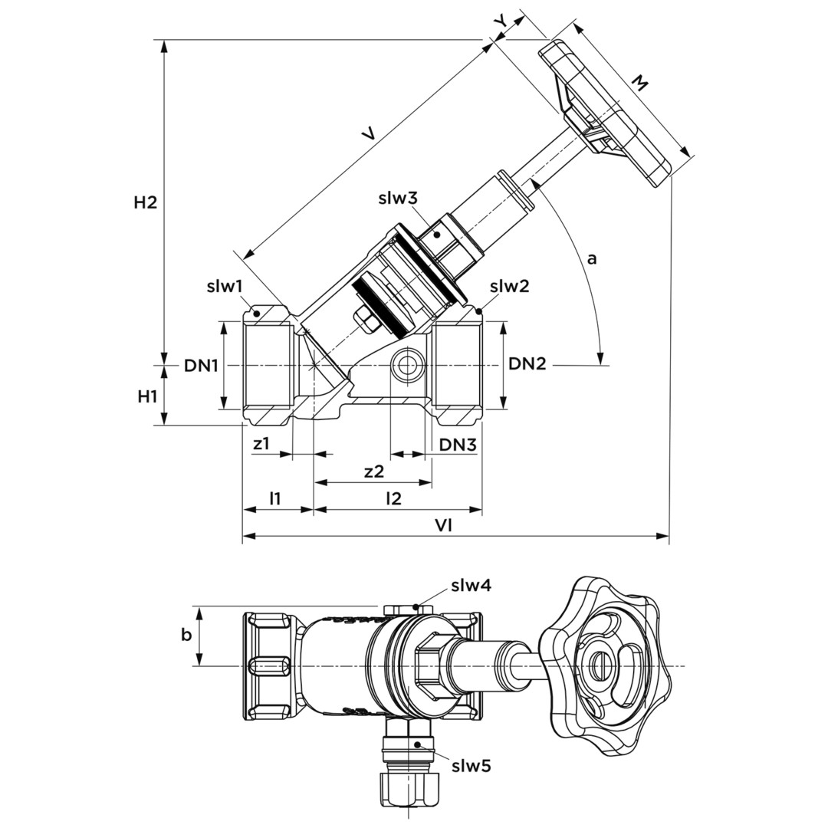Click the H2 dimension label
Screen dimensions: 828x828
(145, 203)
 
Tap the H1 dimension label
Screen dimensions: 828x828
(147, 396)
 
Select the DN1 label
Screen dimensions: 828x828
(201, 366)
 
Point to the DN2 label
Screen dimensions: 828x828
(527, 364)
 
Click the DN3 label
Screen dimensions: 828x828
(458, 445)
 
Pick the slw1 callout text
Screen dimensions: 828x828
(225, 287)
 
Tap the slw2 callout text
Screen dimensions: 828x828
(510, 287)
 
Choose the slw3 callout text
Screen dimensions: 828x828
(398, 199)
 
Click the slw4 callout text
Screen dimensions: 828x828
(472, 586)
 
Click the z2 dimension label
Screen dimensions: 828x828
(373, 472)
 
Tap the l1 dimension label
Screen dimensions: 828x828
(274, 498)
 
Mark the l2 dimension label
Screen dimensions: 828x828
(393, 498)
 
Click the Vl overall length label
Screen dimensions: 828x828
(443, 526)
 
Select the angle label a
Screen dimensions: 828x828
(591, 258)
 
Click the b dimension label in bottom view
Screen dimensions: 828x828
(186, 635)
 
